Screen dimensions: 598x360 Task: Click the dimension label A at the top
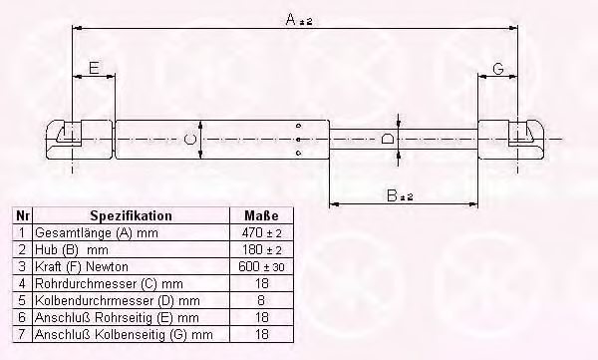(x=291, y=19)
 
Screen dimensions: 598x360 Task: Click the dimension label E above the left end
(x=94, y=68)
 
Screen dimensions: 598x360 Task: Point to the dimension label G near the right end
(x=498, y=69)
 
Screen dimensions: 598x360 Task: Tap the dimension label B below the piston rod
(x=392, y=195)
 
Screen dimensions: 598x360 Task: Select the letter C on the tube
(x=190, y=139)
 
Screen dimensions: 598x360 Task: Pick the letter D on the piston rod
(x=388, y=139)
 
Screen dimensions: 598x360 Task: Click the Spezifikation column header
(x=131, y=215)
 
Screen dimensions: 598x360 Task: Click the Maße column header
(x=261, y=215)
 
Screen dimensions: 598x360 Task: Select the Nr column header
(x=23, y=215)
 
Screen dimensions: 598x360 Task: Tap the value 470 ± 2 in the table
(x=261, y=232)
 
